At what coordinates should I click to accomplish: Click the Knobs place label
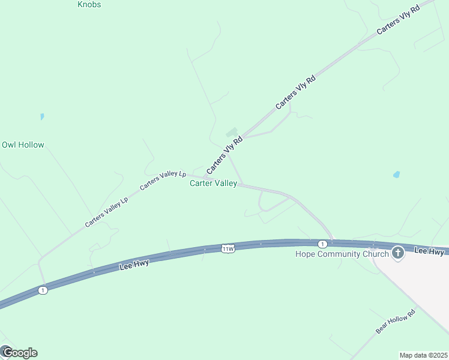click(89, 5)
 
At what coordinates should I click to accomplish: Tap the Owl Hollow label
click(23, 145)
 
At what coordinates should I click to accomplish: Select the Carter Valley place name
click(213, 184)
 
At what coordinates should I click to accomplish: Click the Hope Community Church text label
click(342, 254)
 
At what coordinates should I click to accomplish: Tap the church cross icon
click(397, 253)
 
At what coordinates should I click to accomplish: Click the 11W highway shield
click(228, 248)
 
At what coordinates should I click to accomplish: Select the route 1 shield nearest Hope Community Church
click(322, 244)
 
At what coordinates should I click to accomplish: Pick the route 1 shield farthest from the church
click(42, 290)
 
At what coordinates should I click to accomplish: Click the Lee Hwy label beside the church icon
click(429, 251)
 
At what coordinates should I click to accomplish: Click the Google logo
click(19, 353)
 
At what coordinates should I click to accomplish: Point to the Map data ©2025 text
click(424, 355)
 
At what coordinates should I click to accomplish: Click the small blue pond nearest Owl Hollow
click(42, 116)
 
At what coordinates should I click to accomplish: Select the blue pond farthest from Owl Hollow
click(396, 175)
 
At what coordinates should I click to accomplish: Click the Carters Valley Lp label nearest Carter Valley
click(163, 180)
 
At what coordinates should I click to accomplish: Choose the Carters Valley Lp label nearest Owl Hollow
click(107, 212)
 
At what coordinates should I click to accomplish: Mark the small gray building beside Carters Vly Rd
click(231, 133)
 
